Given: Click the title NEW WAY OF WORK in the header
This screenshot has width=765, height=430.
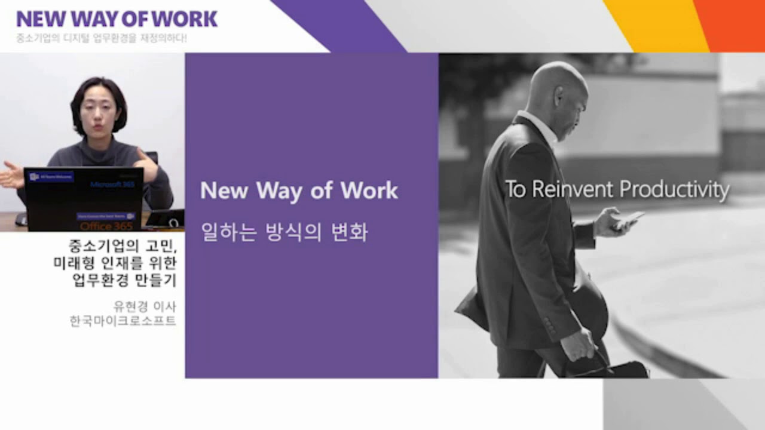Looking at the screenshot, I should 117,19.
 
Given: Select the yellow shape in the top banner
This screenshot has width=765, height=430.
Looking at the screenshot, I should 657,25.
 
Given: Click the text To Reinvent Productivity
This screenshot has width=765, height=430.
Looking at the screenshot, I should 617,190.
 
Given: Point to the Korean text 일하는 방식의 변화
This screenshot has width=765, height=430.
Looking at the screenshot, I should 284,232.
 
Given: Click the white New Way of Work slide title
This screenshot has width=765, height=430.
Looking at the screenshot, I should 299,191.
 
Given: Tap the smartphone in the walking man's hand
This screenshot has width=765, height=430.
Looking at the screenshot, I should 628,219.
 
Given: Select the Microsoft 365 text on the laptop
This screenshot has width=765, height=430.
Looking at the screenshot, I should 112,185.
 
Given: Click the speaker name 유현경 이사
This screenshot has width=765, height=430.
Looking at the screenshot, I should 145,307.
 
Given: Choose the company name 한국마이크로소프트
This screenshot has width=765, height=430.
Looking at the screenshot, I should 123,322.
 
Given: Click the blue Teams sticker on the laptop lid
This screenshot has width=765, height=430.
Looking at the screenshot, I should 51,177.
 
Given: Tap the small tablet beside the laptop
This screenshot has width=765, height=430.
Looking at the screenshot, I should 165,219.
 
